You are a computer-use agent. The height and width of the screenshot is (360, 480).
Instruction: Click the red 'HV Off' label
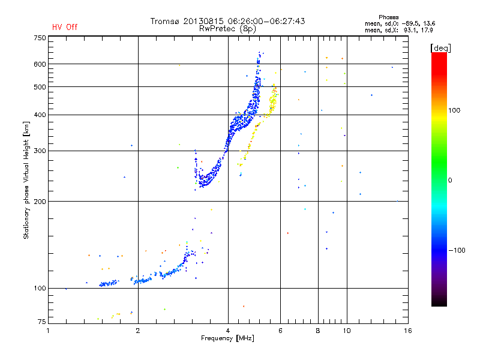[x=65, y=27]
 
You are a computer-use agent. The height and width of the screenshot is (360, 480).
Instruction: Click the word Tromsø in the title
[x=166, y=21]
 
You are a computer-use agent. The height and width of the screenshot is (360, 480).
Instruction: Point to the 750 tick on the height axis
[x=40, y=37]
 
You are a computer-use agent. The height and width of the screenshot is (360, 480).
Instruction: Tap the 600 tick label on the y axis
[x=40, y=64]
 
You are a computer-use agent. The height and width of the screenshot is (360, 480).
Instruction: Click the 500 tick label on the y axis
[x=40, y=87]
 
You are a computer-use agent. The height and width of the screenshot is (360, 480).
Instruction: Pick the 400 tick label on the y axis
[x=40, y=115]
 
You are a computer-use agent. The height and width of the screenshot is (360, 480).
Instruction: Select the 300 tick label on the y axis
[x=40, y=151]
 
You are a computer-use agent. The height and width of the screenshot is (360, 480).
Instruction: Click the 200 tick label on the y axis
[x=40, y=201]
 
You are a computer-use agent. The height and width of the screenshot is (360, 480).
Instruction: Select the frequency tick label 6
[x=281, y=331]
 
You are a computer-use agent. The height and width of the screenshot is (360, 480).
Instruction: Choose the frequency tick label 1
[x=49, y=331]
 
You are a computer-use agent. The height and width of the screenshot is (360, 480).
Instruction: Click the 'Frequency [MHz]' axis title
[x=227, y=339]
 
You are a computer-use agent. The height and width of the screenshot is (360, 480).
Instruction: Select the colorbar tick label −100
[x=456, y=250]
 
